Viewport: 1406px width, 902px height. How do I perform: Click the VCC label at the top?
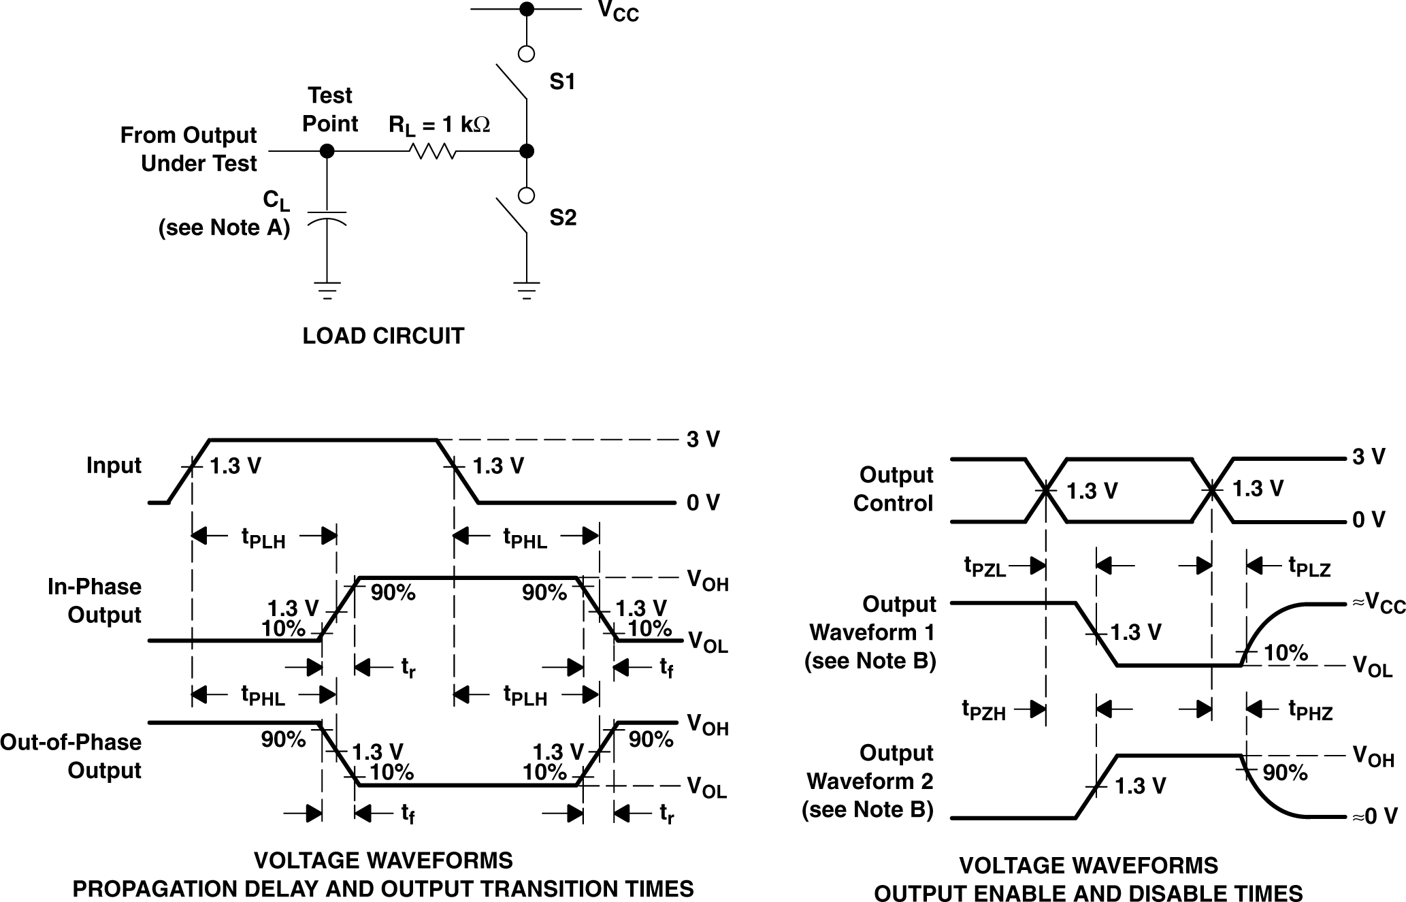pyautogui.click(x=618, y=12)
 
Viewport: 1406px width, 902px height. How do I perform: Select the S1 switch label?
pyautogui.click(x=562, y=82)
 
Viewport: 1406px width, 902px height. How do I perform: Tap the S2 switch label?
pyautogui.click(x=563, y=218)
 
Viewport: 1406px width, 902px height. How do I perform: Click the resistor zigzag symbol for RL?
pyautogui.click(x=434, y=151)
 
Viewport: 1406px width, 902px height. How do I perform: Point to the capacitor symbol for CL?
pyautogui.click(x=327, y=217)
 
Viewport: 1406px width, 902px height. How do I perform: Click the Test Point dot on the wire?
pyautogui.click(x=327, y=151)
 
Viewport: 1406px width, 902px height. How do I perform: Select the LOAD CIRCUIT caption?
pyautogui.click(x=383, y=336)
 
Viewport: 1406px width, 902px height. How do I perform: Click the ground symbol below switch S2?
pyautogui.click(x=526, y=290)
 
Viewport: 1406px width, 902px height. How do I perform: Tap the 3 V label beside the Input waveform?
pyautogui.click(x=703, y=440)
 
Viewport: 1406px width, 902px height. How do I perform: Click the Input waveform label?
pyautogui.click(x=114, y=466)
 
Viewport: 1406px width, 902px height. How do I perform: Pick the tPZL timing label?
pyautogui.click(x=985, y=566)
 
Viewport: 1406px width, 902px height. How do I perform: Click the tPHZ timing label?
pyautogui.click(x=1310, y=710)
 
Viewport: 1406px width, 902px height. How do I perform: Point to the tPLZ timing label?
pyautogui.click(x=1309, y=566)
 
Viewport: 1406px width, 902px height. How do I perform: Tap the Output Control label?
pyautogui.click(x=894, y=489)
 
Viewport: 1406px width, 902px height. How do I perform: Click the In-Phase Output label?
pyautogui.click(x=95, y=600)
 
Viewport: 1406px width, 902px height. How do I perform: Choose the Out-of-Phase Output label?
pyautogui.click(x=71, y=756)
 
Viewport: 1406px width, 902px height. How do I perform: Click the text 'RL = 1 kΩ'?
pyautogui.click(x=439, y=125)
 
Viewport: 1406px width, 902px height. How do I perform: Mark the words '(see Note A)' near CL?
pyautogui.click(x=224, y=227)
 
